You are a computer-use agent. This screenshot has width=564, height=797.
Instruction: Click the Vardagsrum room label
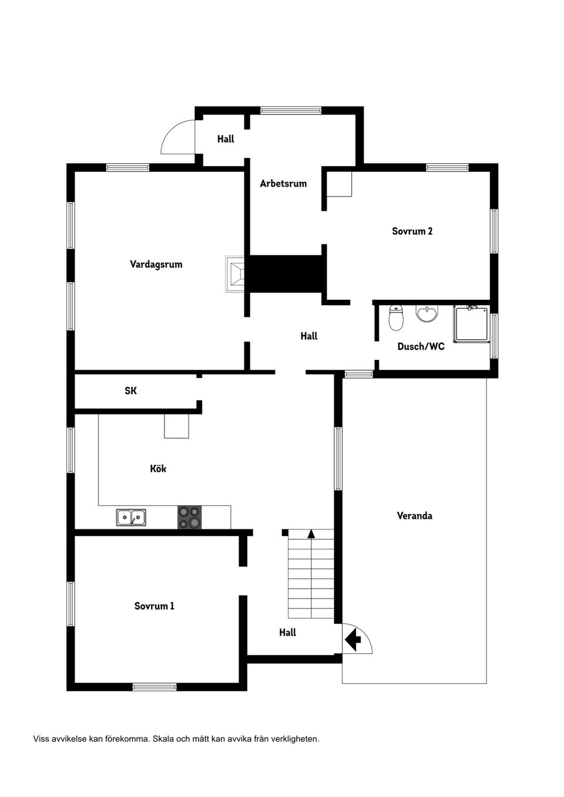[x=156, y=264]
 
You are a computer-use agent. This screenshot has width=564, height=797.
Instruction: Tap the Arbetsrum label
[x=283, y=184]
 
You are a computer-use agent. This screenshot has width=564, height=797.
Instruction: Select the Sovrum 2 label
[x=412, y=231]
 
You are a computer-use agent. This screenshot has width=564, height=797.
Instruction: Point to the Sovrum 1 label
[x=154, y=606]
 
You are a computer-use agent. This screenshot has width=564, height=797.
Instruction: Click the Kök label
[x=158, y=468]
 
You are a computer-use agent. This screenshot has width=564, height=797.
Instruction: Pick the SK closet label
[x=130, y=391]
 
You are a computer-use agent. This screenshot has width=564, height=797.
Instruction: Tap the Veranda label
[x=414, y=515]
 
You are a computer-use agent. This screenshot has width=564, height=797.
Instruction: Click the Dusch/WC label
[x=421, y=346]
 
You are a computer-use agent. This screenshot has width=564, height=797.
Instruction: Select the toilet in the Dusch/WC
[x=396, y=318]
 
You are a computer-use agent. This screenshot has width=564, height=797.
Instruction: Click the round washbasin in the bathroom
[x=427, y=314]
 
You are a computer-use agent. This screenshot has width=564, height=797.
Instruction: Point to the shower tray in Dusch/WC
[x=471, y=324]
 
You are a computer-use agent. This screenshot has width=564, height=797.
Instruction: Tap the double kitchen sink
[x=131, y=517]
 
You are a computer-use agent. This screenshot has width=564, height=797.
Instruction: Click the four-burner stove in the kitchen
[x=189, y=517]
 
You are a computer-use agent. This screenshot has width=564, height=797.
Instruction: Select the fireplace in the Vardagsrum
[x=234, y=274]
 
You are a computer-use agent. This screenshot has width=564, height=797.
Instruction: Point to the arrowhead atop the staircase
[x=311, y=533]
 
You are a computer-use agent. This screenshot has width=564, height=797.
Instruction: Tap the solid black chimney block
[x=288, y=273]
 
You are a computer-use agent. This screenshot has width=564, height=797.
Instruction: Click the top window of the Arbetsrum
[x=291, y=110]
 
